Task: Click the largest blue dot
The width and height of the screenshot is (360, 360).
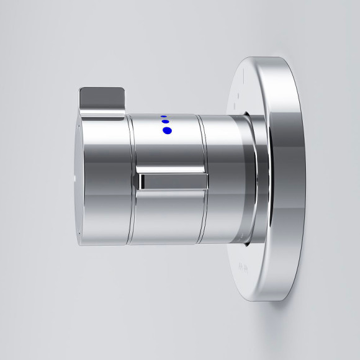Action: click(166, 130)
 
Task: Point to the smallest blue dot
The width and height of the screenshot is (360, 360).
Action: click(163, 115)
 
